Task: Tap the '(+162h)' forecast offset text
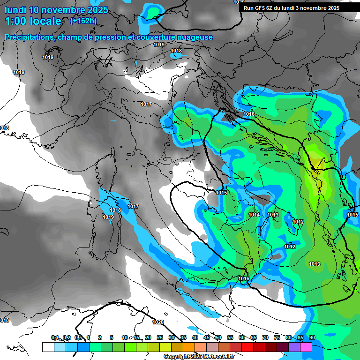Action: pos(83,21)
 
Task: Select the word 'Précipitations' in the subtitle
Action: pos(29,37)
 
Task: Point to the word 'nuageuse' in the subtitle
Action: pos(194,37)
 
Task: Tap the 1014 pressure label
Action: pos(254,215)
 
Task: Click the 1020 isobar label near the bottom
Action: pos(158,322)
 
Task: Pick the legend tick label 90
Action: pos(312,337)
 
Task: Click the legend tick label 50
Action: pos(218,337)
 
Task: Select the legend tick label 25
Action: pos(160,337)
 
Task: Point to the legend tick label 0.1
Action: pos(55,337)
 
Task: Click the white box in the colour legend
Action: pos(48,347)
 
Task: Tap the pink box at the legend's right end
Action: pos(306,347)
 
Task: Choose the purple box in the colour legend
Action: pos(294,347)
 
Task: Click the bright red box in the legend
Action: pos(247,347)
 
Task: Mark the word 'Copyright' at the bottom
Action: pos(176,357)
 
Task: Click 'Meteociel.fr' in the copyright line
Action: pos(219,357)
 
